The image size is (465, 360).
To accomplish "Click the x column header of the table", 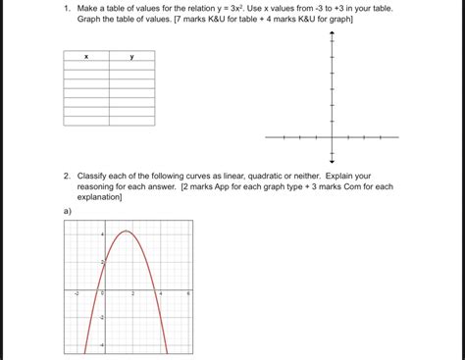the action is click(86, 56).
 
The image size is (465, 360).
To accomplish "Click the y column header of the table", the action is click(131, 56).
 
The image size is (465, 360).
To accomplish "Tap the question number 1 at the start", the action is click(66, 8).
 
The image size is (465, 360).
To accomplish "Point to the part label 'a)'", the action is click(67, 210).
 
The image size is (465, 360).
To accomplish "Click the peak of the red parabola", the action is click(127, 231).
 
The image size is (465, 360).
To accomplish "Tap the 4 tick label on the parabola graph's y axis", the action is click(101, 235).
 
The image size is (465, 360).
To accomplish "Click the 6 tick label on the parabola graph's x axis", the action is click(188, 293).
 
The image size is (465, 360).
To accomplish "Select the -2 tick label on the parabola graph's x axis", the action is click(77, 293).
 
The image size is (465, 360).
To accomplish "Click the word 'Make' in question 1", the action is click(89, 8).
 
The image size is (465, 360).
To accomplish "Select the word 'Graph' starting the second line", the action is click(91, 20).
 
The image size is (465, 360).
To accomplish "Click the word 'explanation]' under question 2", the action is click(99, 196).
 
